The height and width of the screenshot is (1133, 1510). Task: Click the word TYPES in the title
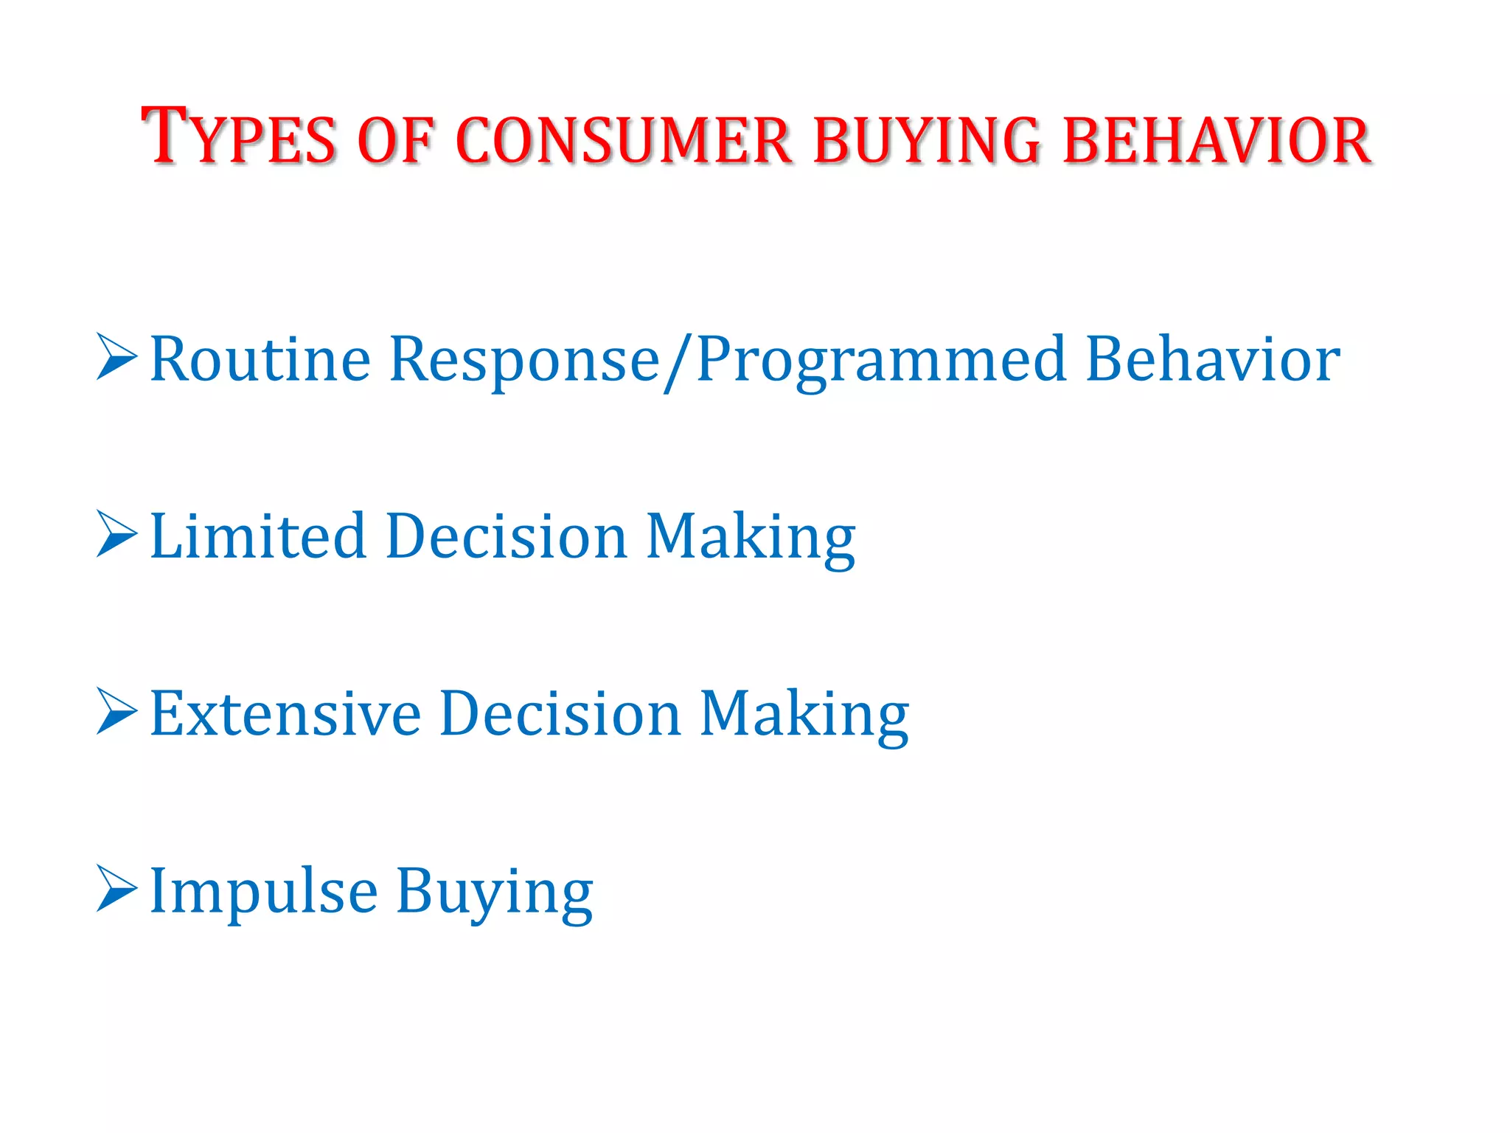click(x=238, y=137)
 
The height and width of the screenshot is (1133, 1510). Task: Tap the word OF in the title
click(x=394, y=140)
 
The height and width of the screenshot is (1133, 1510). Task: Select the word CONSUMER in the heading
click(x=624, y=140)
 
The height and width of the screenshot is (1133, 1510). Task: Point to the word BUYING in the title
click(x=927, y=140)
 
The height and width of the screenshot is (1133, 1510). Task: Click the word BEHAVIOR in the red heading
click(x=1217, y=140)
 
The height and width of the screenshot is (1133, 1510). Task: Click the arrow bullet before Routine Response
click(x=116, y=357)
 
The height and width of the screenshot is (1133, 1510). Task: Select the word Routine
click(x=260, y=359)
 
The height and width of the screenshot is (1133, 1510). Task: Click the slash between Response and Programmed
click(x=677, y=361)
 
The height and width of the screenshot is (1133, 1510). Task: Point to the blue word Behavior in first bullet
click(x=1212, y=359)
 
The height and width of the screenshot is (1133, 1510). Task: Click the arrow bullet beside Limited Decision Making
click(x=116, y=534)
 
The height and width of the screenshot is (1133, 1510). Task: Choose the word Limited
click(x=257, y=536)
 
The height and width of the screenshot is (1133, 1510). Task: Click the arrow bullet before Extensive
click(x=116, y=711)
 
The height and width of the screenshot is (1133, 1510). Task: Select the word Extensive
click(x=285, y=713)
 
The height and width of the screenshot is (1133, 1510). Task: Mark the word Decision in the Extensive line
click(x=560, y=713)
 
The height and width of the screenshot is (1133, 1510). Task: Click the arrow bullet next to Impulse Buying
click(x=116, y=890)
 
